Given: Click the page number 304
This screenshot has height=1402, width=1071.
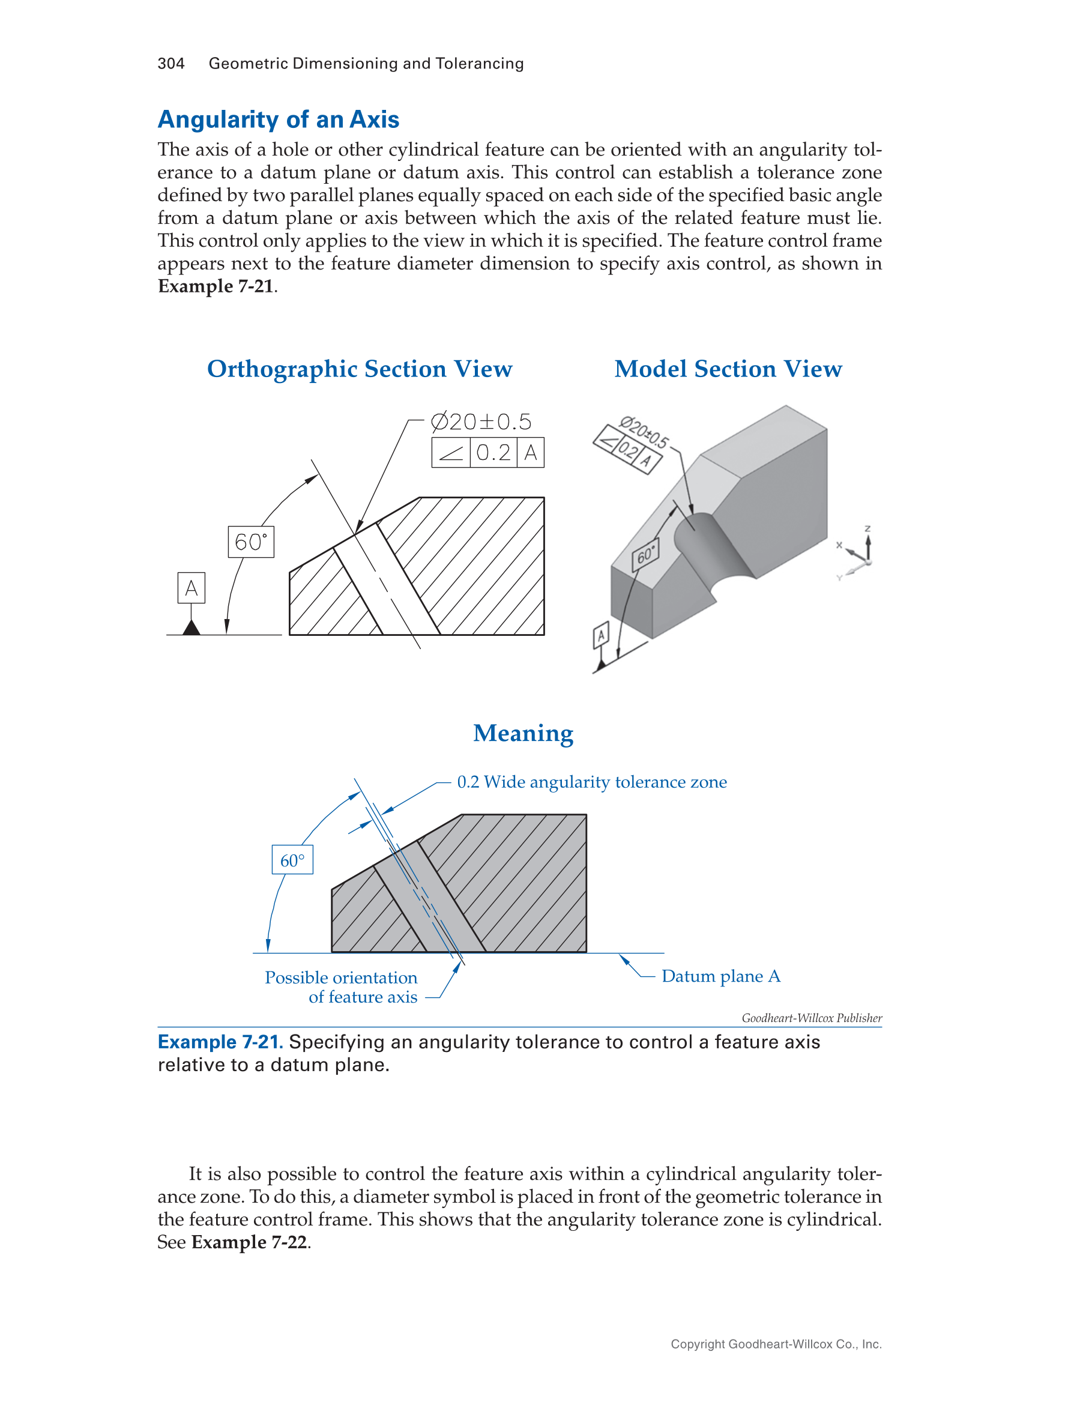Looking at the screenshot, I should (171, 64).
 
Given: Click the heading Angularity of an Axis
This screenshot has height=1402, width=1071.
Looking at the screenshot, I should (279, 120).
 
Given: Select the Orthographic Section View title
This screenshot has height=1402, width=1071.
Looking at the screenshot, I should (360, 369).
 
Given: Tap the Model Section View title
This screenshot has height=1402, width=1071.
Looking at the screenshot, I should (728, 369).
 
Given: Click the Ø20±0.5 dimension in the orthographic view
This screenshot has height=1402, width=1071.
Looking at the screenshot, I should (481, 422).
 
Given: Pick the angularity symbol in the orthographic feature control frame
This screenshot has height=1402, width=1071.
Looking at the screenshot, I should (451, 453).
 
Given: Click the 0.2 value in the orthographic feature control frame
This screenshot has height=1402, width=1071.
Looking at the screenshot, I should (493, 453).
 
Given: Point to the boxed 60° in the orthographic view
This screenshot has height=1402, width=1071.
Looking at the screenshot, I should (250, 542).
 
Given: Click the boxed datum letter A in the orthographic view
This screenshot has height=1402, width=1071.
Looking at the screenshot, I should (192, 588).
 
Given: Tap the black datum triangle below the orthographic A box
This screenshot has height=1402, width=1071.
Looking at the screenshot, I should (192, 629).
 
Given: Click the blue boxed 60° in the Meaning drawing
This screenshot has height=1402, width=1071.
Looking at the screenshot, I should (292, 860).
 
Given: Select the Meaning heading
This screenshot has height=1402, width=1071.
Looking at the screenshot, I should (523, 733).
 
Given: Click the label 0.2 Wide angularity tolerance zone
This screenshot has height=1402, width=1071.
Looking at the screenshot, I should (591, 782).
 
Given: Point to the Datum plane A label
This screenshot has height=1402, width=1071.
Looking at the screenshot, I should (720, 976).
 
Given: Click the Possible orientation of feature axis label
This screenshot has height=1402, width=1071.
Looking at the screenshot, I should (342, 987).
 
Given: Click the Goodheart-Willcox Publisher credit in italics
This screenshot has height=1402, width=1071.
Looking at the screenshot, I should (811, 1018).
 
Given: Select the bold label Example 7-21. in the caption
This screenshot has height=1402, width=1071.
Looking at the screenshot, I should (220, 1042).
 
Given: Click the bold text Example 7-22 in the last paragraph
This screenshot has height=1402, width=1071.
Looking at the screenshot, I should (249, 1242).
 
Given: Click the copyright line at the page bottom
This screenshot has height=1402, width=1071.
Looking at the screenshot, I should (776, 1344).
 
